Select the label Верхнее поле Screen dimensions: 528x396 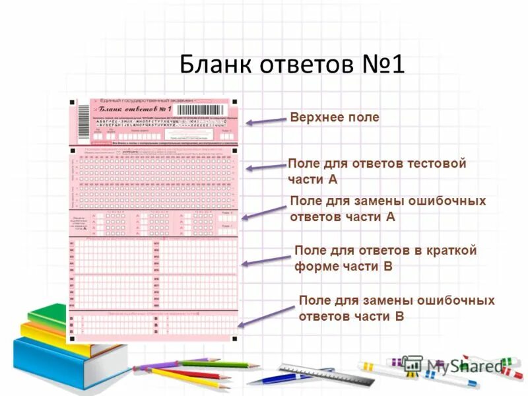(x=334, y=117)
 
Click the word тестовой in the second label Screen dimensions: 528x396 (x=436, y=163)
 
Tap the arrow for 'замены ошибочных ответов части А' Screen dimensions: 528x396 (x=265, y=213)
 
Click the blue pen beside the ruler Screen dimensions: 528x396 (x=277, y=378)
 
